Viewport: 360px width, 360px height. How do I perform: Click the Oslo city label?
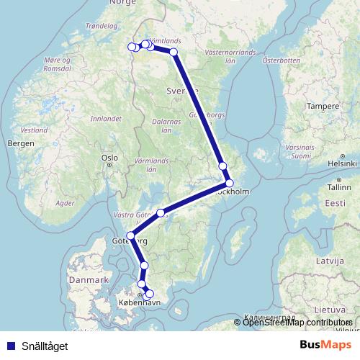[x=109, y=157]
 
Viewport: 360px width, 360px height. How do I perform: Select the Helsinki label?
[x=341, y=163]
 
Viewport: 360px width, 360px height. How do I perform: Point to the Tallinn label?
[x=338, y=186]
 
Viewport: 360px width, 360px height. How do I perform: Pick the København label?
[x=135, y=305]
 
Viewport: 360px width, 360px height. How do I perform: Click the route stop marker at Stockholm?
[x=229, y=183]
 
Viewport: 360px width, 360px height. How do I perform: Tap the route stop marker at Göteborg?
[x=130, y=235]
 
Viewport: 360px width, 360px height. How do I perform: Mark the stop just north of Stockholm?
[x=222, y=166]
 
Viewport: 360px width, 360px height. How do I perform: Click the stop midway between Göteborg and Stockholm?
[x=161, y=212]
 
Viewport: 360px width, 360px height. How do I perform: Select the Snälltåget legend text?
[x=45, y=346]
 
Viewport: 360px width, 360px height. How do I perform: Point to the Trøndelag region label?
[x=100, y=25]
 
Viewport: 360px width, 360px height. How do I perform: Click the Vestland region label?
[x=34, y=131]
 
